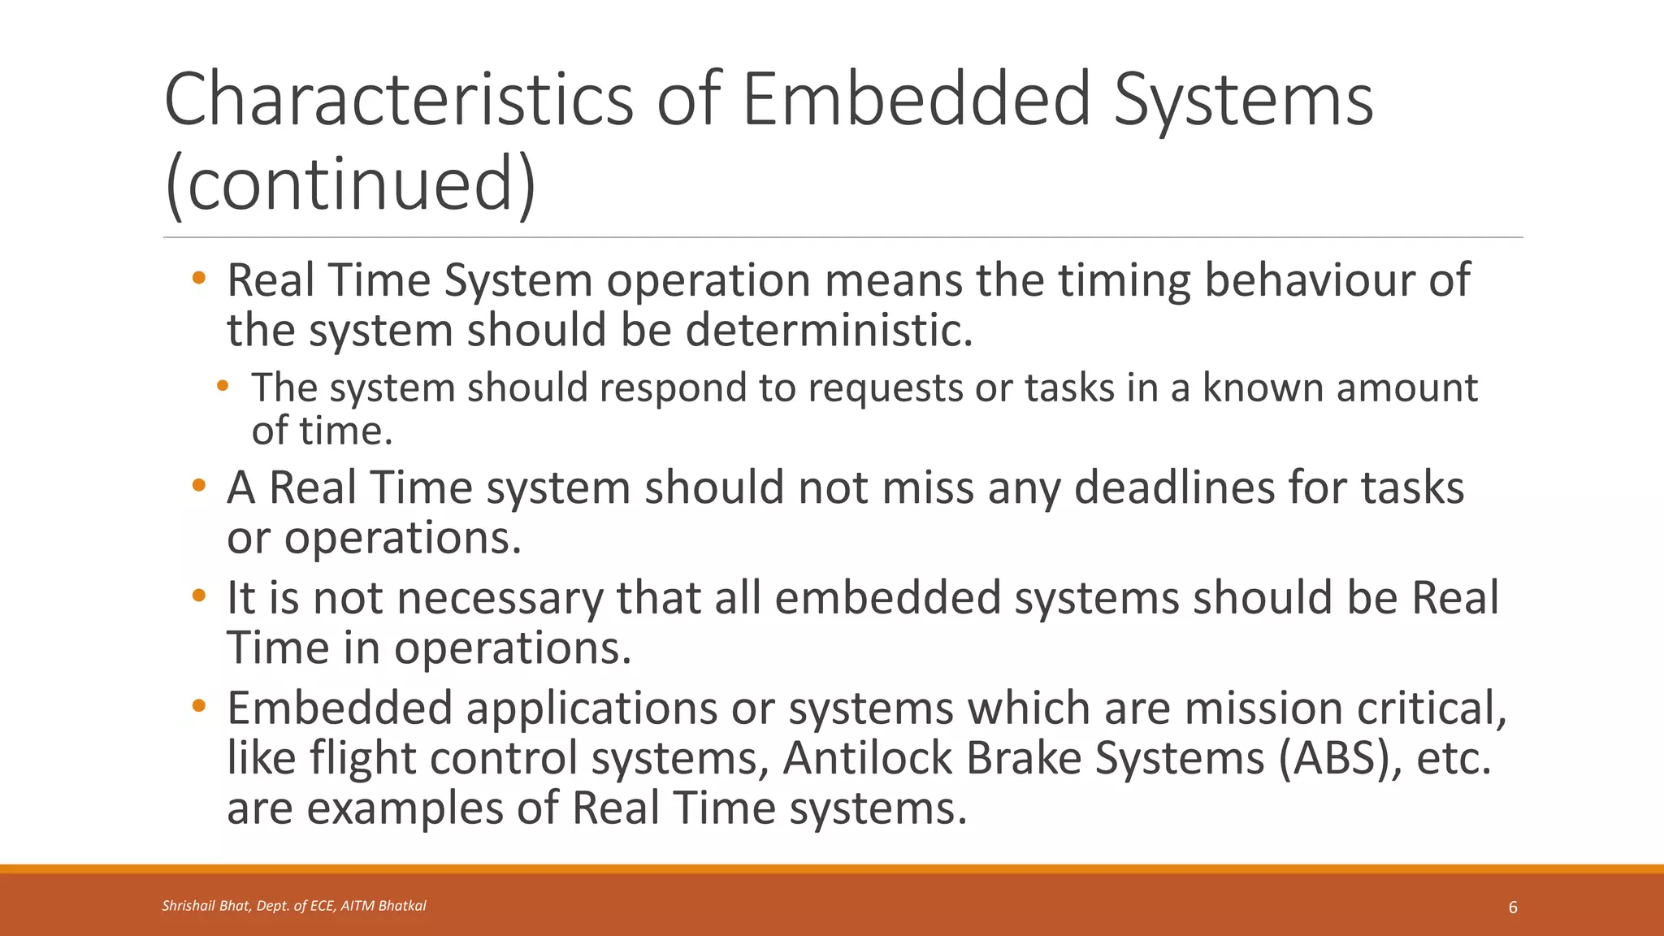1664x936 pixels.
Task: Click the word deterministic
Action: (828, 330)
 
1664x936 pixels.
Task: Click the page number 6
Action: (1513, 908)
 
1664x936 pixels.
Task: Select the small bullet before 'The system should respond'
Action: (223, 387)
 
